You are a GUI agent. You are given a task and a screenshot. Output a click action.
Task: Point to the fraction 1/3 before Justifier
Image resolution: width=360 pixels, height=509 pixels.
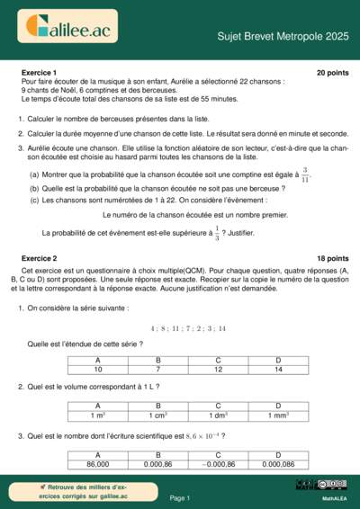pyautogui.click(x=215, y=233)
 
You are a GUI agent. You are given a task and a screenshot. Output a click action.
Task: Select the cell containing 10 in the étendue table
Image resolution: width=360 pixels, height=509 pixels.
pyautogui.click(x=98, y=369)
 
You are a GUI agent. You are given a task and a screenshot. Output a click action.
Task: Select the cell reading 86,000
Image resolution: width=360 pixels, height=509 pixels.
pyautogui.click(x=98, y=463)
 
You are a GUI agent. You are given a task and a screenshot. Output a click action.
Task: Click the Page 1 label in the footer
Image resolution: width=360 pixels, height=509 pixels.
pyautogui.click(x=180, y=497)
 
